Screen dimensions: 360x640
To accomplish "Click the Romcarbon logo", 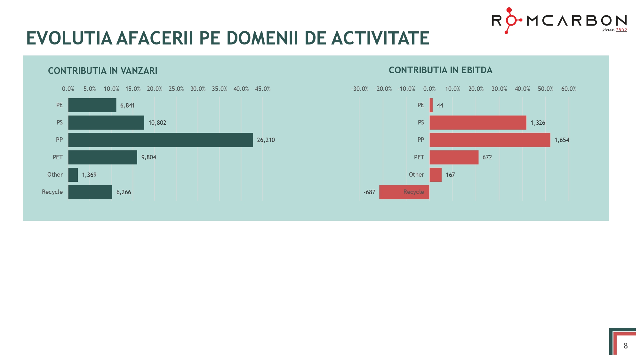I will (559, 20).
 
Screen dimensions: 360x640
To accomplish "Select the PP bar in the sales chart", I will (160, 140).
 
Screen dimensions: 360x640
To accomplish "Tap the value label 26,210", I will (266, 140).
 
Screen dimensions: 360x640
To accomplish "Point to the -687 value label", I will (369, 192).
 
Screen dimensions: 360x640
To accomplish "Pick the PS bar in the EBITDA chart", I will (478, 123).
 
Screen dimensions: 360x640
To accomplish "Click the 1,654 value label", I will (562, 140).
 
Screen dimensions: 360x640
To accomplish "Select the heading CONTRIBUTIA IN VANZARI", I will (102, 71).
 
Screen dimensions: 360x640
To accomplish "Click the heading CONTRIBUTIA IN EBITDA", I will (440, 70).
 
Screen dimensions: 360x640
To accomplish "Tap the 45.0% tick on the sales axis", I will (262, 89).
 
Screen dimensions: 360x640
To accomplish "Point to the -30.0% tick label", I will (360, 89).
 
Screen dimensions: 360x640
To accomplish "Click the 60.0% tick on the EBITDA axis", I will (569, 89).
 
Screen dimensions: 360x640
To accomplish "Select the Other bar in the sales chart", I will (73, 175).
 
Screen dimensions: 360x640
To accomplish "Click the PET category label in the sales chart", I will (58, 157).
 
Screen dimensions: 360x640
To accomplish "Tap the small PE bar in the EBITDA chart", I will (431, 105).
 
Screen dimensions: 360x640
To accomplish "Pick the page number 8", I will (626, 346).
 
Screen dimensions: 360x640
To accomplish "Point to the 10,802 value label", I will (157, 123).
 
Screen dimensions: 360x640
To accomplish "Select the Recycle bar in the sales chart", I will (90, 192).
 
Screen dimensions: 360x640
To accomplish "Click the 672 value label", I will (487, 157).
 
